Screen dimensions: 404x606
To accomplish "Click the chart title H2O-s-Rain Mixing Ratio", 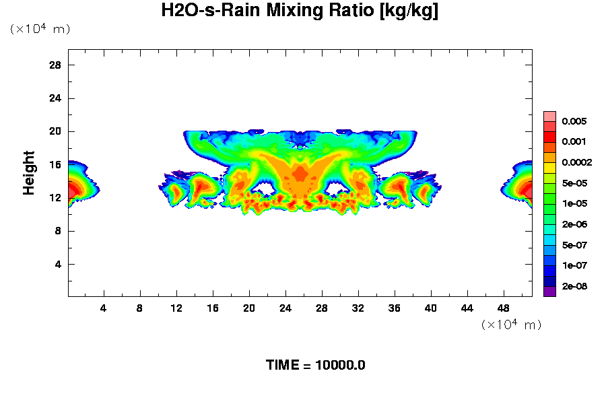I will [x=300, y=11].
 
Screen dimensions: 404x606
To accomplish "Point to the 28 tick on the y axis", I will [x=55, y=65].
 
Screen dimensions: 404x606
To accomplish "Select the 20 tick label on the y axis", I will [x=55, y=131].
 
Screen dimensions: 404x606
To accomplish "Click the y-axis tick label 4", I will [x=59, y=264].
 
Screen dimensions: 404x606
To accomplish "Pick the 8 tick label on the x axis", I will [x=140, y=308].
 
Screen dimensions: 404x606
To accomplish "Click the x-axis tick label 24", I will [x=285, y=308].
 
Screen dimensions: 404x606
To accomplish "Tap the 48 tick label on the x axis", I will [x=504, y=308].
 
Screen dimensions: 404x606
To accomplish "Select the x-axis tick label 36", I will [x=395, y=308].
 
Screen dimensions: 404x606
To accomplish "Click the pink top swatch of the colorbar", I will [x=549, y=116].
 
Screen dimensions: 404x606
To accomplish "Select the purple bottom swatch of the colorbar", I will [x=549, y=292].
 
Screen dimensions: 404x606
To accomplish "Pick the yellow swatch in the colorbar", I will [x=549, y=168].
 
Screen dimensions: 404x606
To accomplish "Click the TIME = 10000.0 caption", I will [x=316, y=366].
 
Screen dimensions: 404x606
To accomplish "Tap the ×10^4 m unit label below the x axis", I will [x=511, y=325].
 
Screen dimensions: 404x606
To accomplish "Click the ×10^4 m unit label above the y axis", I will [x=40, y=30].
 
